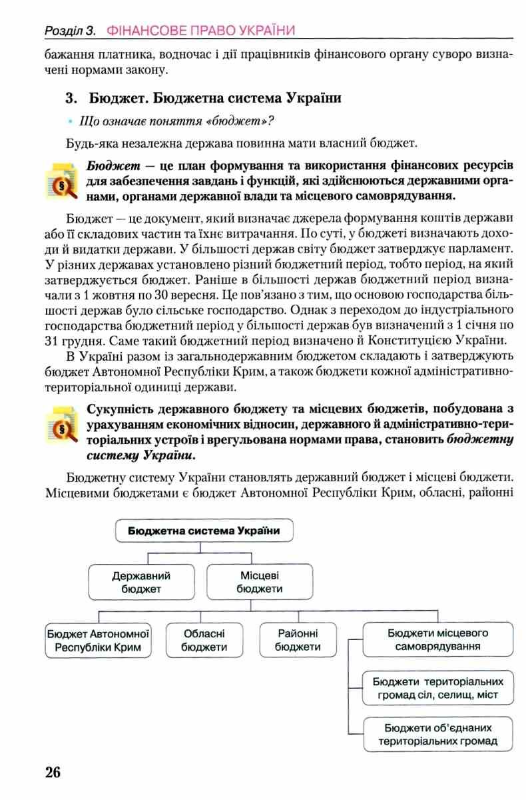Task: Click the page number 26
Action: coord(53,773)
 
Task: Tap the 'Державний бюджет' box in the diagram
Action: coord(141,581)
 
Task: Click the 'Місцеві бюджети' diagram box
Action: coord(259,581)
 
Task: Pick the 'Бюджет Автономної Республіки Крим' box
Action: coord(98,640)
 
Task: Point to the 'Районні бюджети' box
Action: coord(297,640)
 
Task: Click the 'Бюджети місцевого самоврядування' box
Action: coord(438,640)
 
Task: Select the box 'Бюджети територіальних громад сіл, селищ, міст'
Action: coord(438,689)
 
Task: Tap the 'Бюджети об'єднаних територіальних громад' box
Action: coord(438,735)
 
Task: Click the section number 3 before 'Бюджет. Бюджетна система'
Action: coord(69,99)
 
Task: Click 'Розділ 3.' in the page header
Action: coord(71,31)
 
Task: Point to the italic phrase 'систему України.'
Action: coord(141,455)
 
